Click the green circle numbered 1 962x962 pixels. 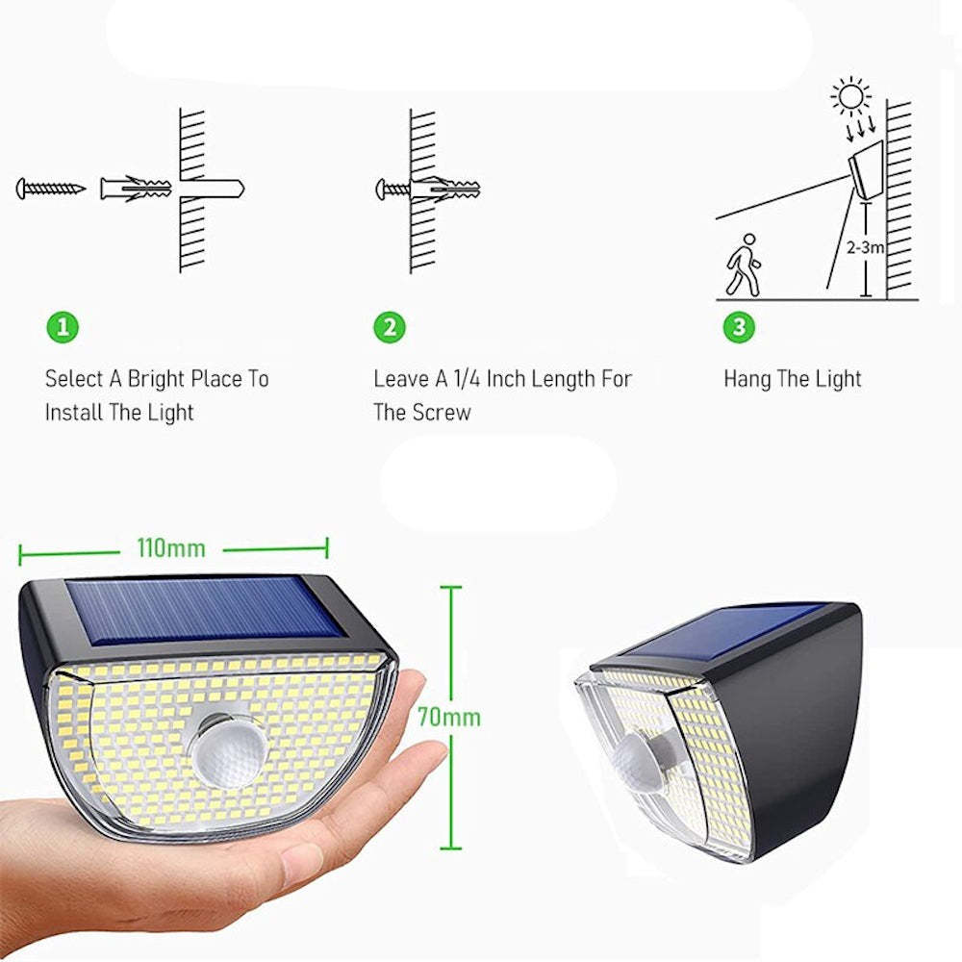click(63, 327)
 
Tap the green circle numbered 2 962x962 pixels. click(389, 327)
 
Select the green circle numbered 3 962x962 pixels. click(738, 327)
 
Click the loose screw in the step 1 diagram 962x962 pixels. click(50, 188)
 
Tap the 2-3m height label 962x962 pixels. click(866, 247)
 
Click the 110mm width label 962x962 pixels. click(171, 548)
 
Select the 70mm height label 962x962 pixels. click(448, 717)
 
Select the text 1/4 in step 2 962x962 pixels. click(466, 378)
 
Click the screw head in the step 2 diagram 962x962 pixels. click(381, 188)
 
